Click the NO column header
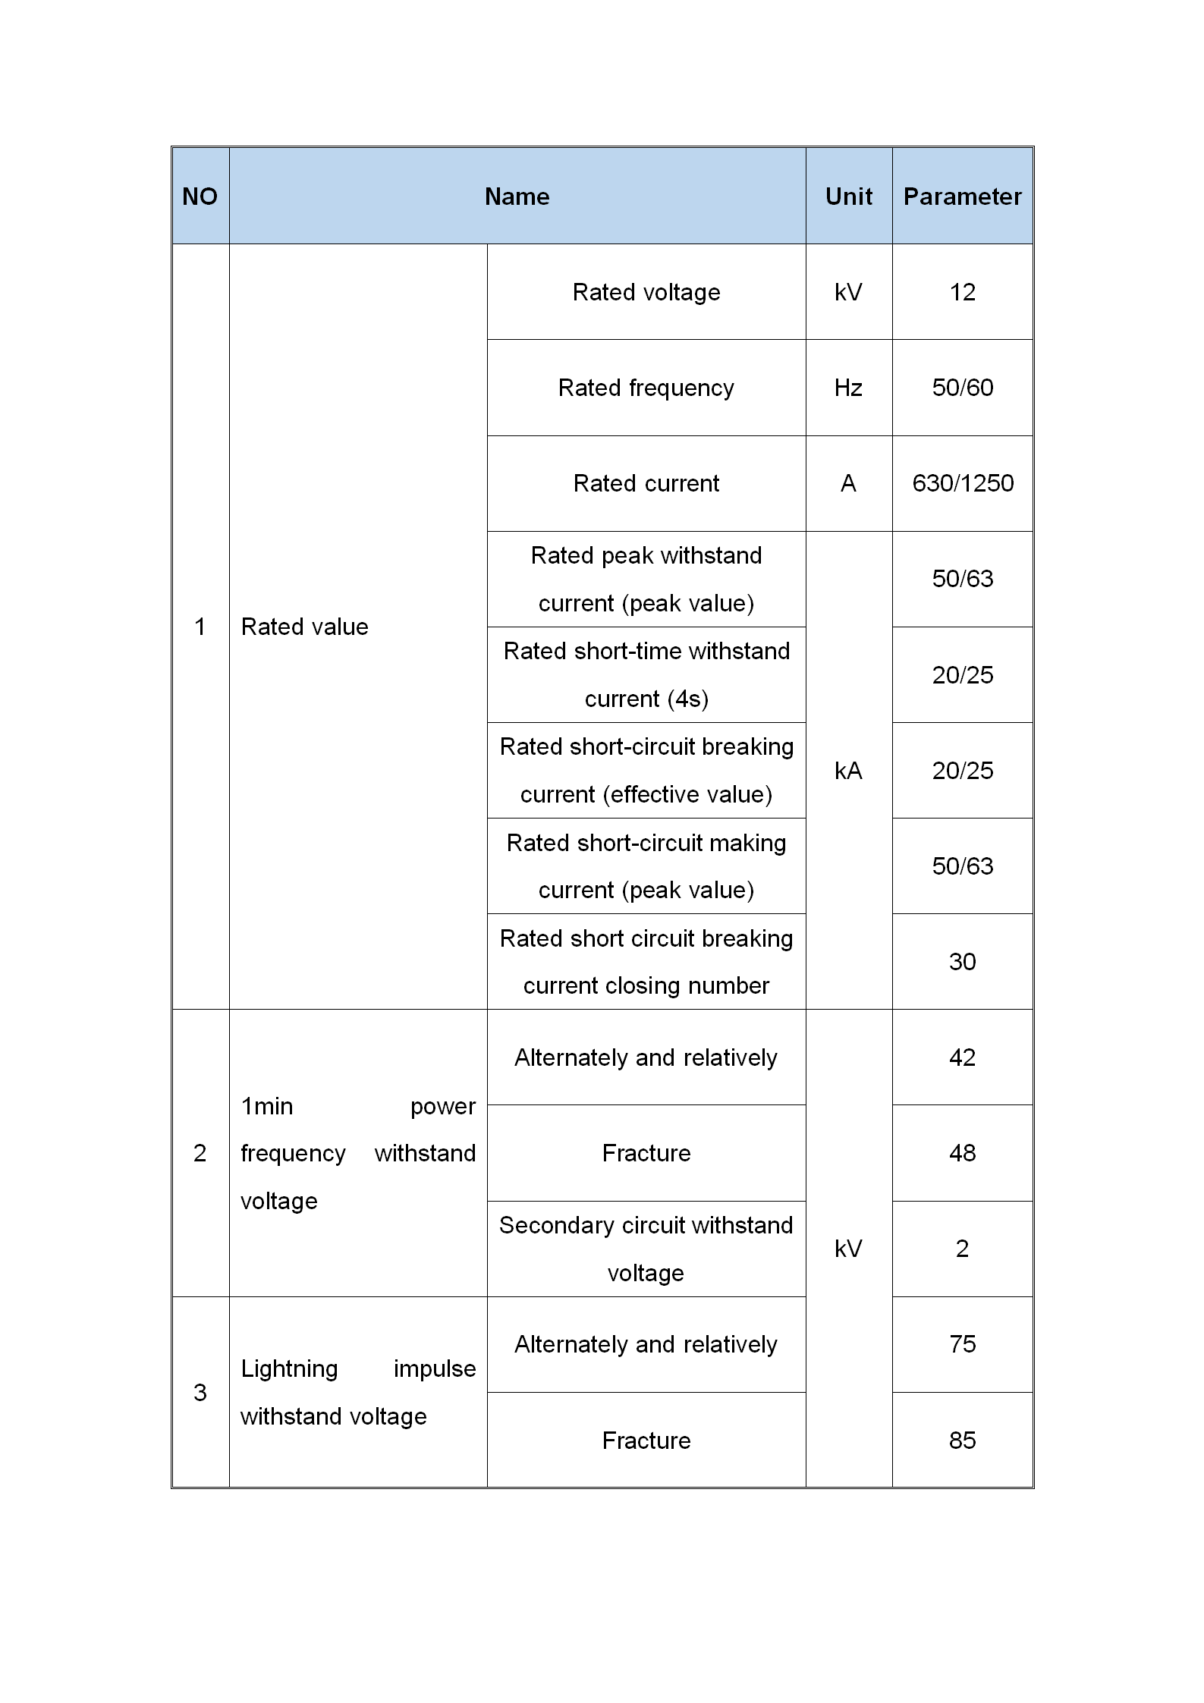pos(200,196)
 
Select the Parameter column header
pos(962,196)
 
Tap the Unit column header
pos(848,196)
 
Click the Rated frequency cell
pos(646,388)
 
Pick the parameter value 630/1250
pos(962,483)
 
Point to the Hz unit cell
pos(848,388)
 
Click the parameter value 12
pos(962,292)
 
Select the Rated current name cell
pos(646,483)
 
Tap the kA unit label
pos(848,771)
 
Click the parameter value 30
pos(962,962)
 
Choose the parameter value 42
pos(962,1057)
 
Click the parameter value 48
pos(962,1153)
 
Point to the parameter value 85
pos(962,1441)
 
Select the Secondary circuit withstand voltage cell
pos(646,1249)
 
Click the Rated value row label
pos(304,627)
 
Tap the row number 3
pos(200,1393)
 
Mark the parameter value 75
pos(962,1344)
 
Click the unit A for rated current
pos(848,483)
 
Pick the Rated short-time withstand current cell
pos(646,674)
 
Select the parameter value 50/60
pos(962,388)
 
